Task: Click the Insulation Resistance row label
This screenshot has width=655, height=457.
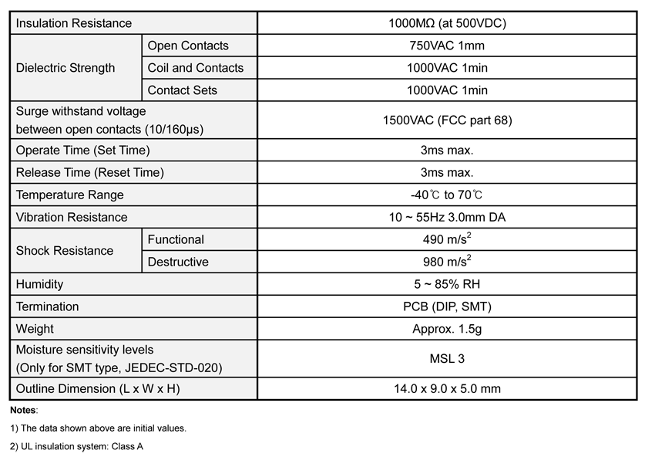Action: click(74, 23)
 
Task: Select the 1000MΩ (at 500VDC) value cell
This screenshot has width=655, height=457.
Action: click(447, 23)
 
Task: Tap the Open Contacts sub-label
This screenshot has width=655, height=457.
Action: click(188, 46)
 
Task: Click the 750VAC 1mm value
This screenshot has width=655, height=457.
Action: click(447, 46)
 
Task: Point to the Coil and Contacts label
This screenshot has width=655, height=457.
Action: click(196, 68)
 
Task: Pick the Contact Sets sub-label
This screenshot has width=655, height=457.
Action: click(183, 90)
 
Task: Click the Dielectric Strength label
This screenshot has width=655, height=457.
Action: click(65, 68)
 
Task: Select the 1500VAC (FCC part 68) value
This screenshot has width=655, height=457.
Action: click(447, 120)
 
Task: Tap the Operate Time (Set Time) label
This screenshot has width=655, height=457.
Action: click(83, 150)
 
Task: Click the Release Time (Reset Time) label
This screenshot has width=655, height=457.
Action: click(90, 172)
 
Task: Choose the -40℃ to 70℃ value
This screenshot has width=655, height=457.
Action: click(447, 195)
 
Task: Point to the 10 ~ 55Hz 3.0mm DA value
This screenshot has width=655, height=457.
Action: click(447, 217)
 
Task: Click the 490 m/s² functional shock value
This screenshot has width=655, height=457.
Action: click(447, 239)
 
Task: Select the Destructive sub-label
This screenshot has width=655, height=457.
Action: click(178, 262)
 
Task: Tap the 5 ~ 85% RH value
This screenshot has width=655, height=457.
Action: click(447, 284)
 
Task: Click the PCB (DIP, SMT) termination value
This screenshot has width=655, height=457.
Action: click(447, 306)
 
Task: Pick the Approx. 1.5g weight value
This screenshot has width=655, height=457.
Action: click(447, 329)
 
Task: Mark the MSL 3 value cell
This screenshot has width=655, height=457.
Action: click(447, 358)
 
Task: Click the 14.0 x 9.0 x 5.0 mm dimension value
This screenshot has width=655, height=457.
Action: click(447, 388)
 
